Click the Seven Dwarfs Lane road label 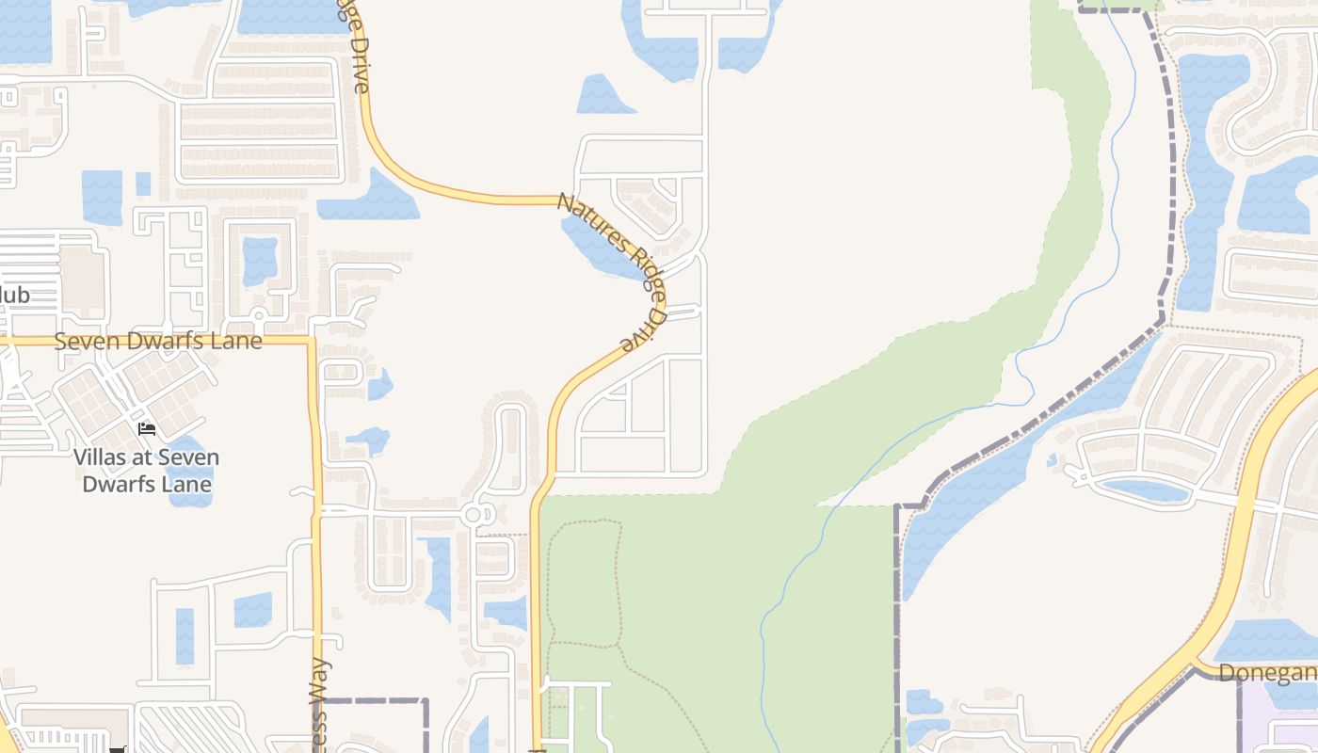[x=157, y=341]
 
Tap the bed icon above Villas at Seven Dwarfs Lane [x=147, y=429]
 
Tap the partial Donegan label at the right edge [x=1267, y=672]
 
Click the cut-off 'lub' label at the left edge [x=15, y=296]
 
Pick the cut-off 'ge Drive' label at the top [x=357, y=52]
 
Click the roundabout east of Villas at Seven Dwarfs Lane [x=473, y=515]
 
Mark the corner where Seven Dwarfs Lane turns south [x=312, y=341]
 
